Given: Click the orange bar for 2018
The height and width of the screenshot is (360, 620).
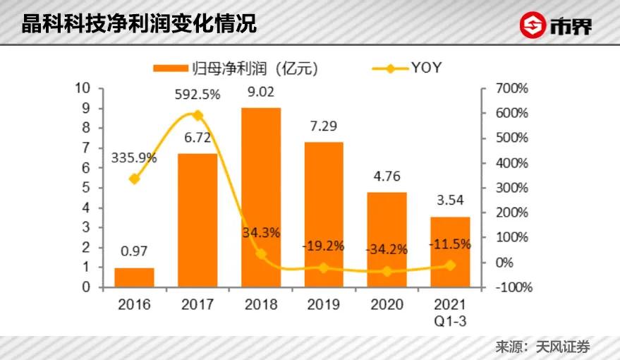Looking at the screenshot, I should pyautogui.click(x=261, y=198).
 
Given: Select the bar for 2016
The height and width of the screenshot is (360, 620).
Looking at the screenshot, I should pyautogui.click(x=134, y=277).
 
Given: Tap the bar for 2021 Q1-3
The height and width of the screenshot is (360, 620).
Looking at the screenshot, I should pyautogui.click(x=450, y=252).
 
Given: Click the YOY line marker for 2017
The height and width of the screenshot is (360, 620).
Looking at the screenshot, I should pyautogui.click(x=197, y=115).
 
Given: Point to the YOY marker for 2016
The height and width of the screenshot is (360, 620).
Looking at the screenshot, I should pyautogui.click(x=134, y=179).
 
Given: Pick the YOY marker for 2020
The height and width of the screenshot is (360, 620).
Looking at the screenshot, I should pyautogui.click(x=387, y=271).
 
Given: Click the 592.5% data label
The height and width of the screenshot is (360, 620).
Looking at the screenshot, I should pyautogui.click(x=198, y=94).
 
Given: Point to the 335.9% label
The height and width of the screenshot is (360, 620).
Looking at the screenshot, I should pyautogui.click(x=133, y=158).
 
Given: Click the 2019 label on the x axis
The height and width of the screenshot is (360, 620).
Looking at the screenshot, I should pyautogui.click(x=324, y=305).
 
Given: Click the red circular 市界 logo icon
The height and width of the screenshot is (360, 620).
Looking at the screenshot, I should pyautogui.click(x=533, y=25).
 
